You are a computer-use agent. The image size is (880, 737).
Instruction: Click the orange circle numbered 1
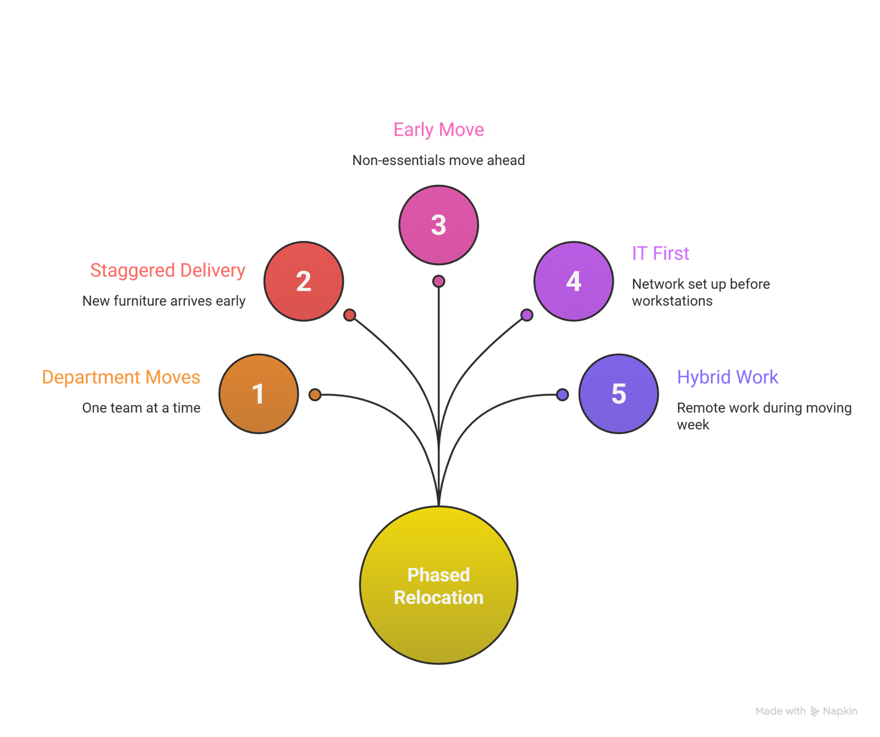pyautogui.click(x=258, y=394)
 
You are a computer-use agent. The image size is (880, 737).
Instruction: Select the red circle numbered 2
pyautogui.click(x=304, y=281)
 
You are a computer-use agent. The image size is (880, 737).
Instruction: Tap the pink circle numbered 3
pyautogui.click(x=438, y=224)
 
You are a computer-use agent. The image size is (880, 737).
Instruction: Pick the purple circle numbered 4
pyautogui.click(x=574, y=281)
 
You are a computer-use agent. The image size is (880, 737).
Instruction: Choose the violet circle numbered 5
pyautogui.click(x=619, y=394)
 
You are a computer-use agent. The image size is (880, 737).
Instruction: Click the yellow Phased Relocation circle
pyautogui.click(x=438, y=585)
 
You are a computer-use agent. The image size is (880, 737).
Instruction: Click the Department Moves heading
pyautogui.click(x=121, y=377)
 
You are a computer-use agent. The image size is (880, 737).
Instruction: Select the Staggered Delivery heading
pyautogui.click(x=168, y=271)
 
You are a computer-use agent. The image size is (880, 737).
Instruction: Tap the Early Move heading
pyautogui.click(x=438, y=130)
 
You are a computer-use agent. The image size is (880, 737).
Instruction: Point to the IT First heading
pyautogui.click(x=660, y=254)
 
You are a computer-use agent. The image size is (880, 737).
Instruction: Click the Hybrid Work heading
pyautogui.click(x=727, y=377)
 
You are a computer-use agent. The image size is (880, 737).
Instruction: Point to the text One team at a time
pyautogui.click(x=141, y=408)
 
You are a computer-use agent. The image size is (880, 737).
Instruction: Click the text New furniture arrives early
pyautogui.click(x=164, y=301)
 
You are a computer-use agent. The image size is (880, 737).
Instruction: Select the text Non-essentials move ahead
pyautogui.click(x=438, y=161)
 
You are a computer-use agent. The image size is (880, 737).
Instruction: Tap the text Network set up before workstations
pyautogui.click(x=700, y=292)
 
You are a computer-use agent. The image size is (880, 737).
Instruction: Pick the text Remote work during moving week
pyautogui.click(x=763, y=416)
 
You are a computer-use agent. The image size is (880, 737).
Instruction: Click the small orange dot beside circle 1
pyautogui.click(x=315, y=394)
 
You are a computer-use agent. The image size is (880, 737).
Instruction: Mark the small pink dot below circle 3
pyautogui.click(x=438, y=282)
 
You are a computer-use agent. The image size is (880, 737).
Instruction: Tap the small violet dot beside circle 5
pyautogui.click(x=562, y=394)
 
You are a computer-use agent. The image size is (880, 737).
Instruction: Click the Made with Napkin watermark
pyautogui.click(x=806, y=711)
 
